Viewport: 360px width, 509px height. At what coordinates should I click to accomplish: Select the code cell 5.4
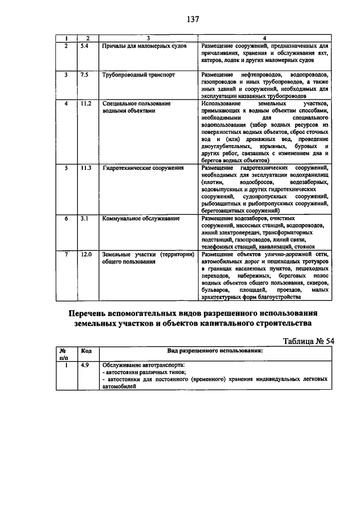(x=84, y=45)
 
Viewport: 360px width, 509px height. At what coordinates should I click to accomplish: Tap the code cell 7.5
(x=84, y=74)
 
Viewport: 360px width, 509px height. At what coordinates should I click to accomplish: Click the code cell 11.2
(x=85, y=104)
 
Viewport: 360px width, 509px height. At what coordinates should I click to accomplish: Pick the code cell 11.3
(x=85, y=168)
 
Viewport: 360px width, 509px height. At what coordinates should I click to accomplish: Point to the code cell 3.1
(x=84, y=218)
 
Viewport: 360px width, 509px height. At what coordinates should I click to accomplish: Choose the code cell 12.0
(x=85, y=254)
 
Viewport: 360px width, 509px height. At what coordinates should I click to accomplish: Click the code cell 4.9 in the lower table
(x=85, y=366)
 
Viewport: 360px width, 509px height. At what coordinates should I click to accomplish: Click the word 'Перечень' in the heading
(x=94, y=313)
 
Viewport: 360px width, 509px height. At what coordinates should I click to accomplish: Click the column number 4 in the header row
(x=264, y=38)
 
